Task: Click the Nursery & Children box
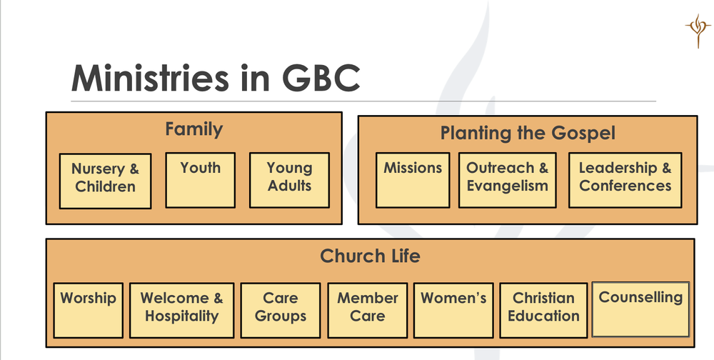[x=104, y=180]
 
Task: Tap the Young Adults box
[x=289, y=180]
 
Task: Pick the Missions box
[x=413, y=180]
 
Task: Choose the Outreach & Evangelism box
[x=508, y=180]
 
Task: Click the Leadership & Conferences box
[x=625, y=180]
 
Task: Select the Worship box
[x=88, y=310]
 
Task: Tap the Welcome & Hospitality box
[x=181, y=310]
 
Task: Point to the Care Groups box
[x=280, y=310]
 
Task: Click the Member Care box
[x=368, y=310]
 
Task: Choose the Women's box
[x=453, y=310]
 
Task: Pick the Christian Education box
[x=543, y=310]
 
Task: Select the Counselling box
[x=640, y=310]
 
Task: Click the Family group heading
[x=193, y=129]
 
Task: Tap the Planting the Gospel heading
[x=527, y=133]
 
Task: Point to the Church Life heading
[x=370, y=256]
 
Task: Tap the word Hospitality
[x=181, y=316]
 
